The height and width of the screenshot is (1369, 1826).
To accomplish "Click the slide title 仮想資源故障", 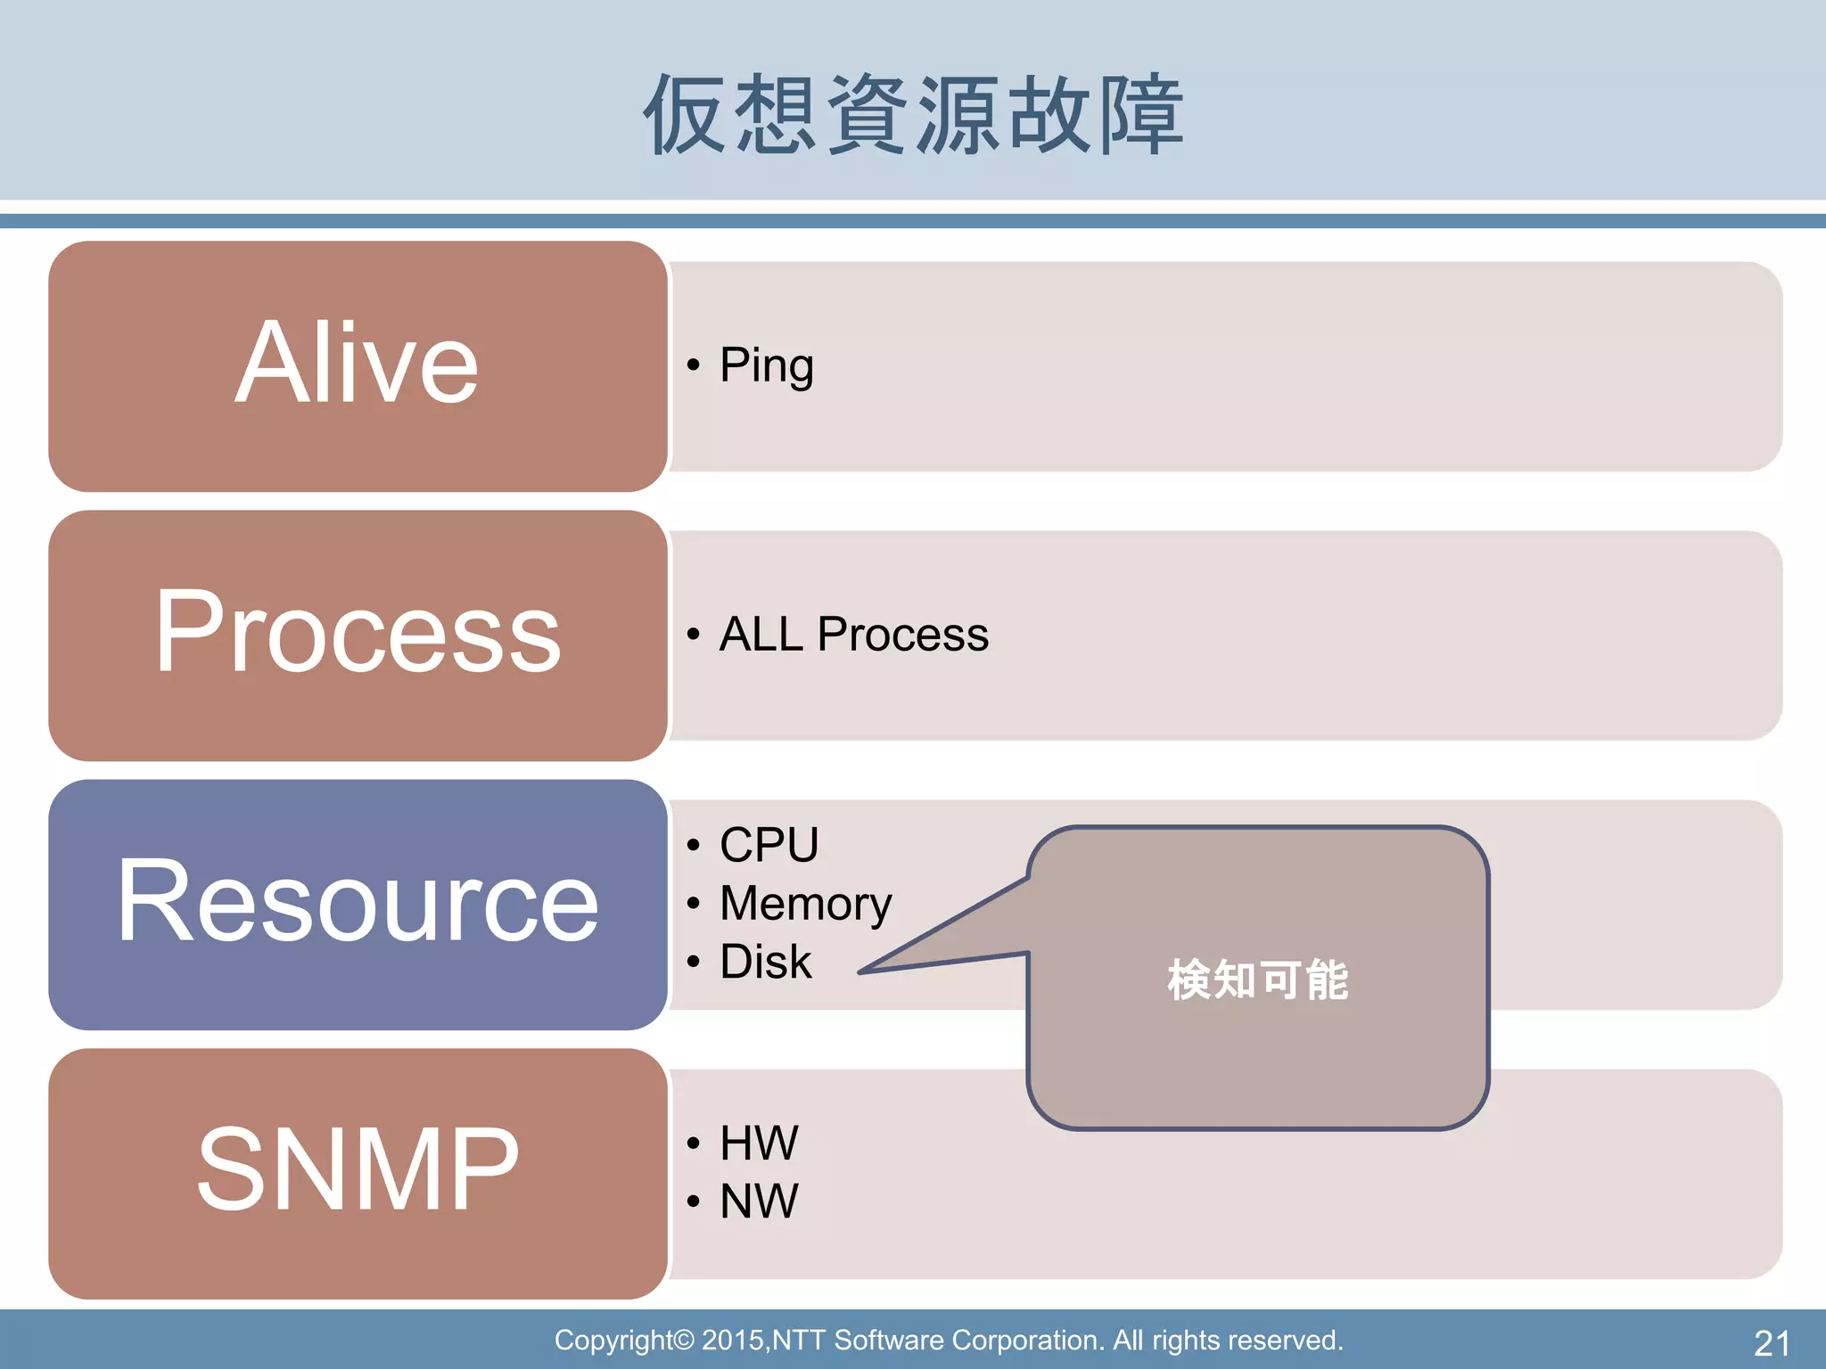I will pos(913,114).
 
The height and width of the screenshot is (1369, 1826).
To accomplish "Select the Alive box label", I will pos(357,364).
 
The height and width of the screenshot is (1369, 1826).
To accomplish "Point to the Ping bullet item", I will pos(766,365).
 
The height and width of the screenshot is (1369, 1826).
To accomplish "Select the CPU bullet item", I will pos(769,845).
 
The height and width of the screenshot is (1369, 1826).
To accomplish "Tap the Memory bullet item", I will pos(805,904).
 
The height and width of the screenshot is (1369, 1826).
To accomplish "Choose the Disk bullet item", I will pos(765,963).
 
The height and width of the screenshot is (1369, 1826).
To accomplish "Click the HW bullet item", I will pos(759,1144).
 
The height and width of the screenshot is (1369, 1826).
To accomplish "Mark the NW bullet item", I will pos(759,1201).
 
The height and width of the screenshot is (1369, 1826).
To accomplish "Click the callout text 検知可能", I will pos(1257,980).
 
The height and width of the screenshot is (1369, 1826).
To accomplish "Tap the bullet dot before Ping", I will pos(693,365).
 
